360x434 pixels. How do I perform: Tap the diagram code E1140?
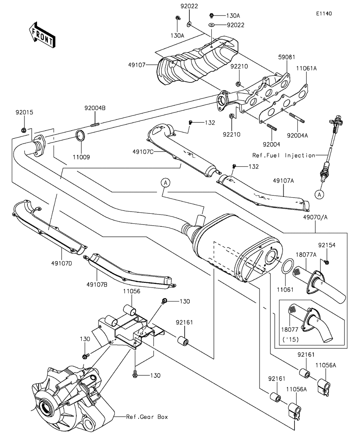coord(324,14)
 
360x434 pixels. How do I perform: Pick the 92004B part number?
coord(95,108)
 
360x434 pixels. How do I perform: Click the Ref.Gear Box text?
coord(147,417)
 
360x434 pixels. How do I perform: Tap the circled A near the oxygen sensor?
coord(319,194)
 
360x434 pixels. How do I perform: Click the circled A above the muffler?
coord(165,183)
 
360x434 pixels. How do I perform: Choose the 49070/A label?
coord(315,217)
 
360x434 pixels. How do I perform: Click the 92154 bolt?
coord(326,262)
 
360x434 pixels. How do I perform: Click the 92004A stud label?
coord(297,136)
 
